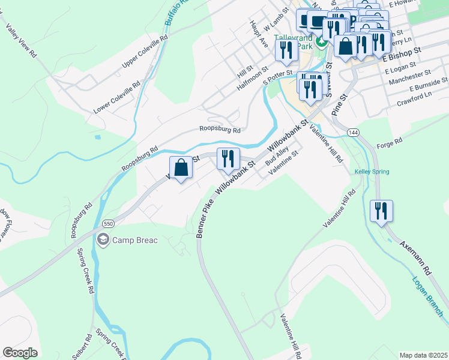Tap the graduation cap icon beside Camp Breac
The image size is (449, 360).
coord(103,240)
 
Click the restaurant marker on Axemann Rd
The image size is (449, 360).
coord(381,212)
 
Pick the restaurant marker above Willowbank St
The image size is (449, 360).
coord(228,160)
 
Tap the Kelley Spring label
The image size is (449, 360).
coord(372,172)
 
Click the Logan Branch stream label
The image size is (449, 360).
coord(428,296)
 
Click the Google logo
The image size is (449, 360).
coord(20,353)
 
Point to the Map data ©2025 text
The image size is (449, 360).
coord(423,355)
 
